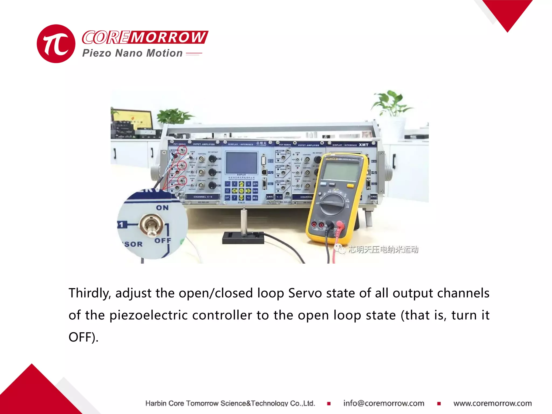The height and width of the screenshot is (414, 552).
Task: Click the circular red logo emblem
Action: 56,44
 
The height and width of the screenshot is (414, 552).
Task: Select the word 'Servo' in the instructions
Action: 305,293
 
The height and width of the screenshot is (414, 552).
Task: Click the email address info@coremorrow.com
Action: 384,403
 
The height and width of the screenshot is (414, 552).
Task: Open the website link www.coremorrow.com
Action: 492,403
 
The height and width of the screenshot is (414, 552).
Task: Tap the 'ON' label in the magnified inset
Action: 162,208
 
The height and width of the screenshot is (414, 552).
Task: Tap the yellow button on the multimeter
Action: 350,186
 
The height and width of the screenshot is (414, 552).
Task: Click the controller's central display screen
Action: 241,163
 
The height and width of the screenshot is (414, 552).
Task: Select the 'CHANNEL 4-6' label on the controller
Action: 203,197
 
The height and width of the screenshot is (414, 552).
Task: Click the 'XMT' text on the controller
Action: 364,145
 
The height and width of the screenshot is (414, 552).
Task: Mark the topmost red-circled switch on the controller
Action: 182,150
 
